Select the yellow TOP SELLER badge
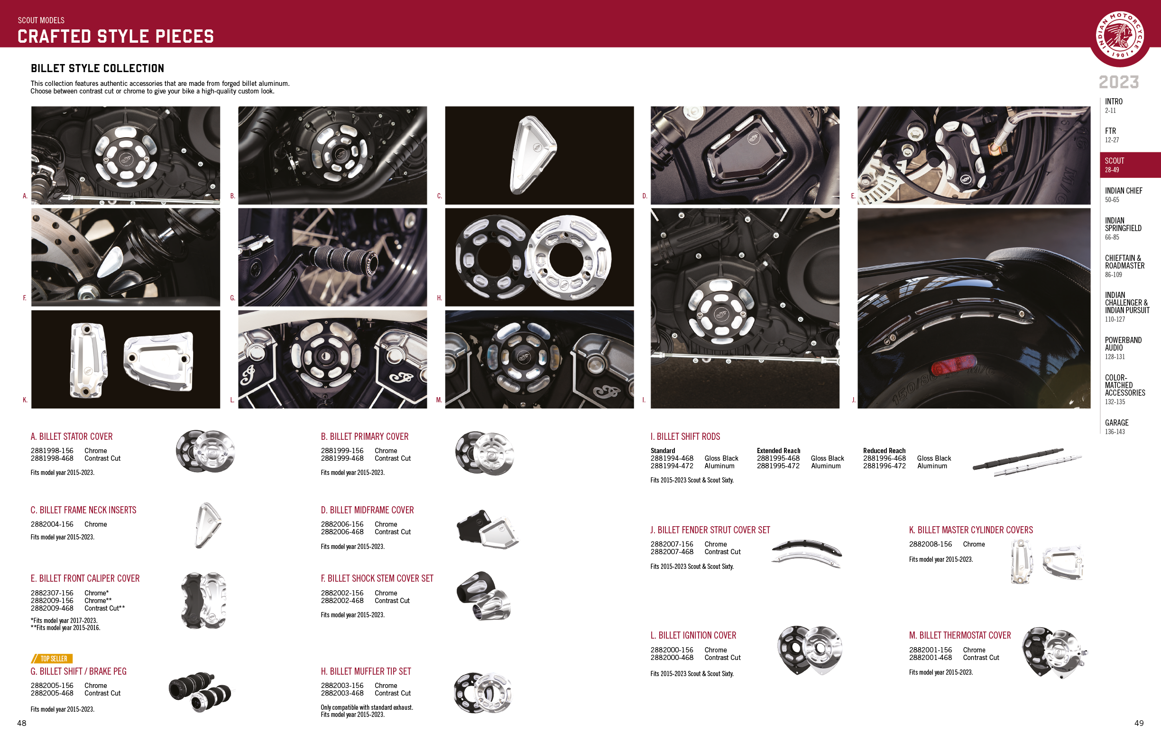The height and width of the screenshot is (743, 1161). [52, 659]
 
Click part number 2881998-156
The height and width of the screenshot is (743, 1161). [52, 451]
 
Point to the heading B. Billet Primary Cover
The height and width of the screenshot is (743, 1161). [365, 437]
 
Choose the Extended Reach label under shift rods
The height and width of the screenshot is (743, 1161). [778, 451]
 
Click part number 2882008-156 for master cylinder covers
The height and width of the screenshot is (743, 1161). [930, 544]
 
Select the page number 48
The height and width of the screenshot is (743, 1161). [22, 723]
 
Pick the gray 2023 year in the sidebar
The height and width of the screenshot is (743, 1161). [1119, 82]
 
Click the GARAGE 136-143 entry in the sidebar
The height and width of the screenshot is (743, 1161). [1116, 427]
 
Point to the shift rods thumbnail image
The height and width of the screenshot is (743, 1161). [1027, 462]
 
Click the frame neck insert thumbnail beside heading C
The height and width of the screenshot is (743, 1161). [208, 525]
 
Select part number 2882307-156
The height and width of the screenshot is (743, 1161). [52, 593]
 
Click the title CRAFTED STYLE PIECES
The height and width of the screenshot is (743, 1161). [116, 37]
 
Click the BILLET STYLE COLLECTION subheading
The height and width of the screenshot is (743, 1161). [97, 68]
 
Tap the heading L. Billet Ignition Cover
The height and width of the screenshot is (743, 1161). [693, 635]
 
